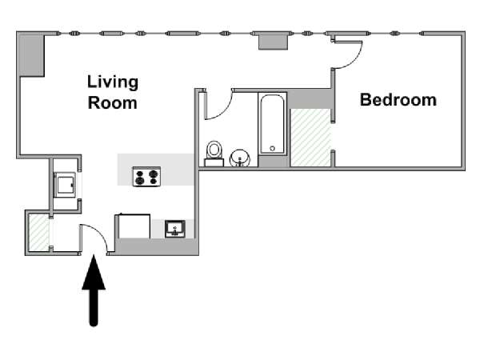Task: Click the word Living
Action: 113,82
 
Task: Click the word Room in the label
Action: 112,103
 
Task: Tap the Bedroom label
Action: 398,100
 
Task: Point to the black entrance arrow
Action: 94,290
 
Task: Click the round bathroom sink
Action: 240,158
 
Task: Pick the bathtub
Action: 273,124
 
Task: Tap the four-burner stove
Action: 146,176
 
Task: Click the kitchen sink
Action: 175,229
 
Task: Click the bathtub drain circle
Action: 273,149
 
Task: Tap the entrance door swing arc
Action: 98,232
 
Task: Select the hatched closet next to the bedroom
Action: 310,138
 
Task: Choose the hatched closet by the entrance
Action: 39,232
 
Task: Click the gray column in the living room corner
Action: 32,55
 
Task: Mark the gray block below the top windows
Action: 273,42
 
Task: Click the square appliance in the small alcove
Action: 65,185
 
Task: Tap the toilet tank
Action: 214,162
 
